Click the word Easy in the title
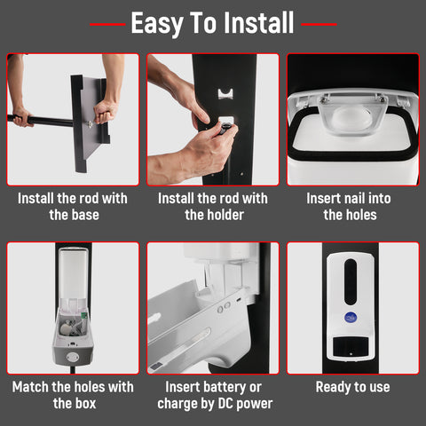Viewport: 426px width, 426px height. (157, 24)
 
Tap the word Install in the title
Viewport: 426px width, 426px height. (259, 22)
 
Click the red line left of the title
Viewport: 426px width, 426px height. (107, 24)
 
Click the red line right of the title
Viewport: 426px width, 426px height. (319, 24)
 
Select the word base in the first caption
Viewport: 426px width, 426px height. (84, 215)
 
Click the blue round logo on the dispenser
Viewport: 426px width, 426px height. (351, 318)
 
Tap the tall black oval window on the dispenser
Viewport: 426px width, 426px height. (351, 281)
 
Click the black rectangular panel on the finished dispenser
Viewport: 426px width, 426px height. (351, 346)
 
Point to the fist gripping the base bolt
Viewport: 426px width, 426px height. (105, 111)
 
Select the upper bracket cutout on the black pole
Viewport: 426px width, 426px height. (225, 93)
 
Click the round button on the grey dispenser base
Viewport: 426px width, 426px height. (73, 357)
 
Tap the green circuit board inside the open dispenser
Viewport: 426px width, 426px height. (84, 315)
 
